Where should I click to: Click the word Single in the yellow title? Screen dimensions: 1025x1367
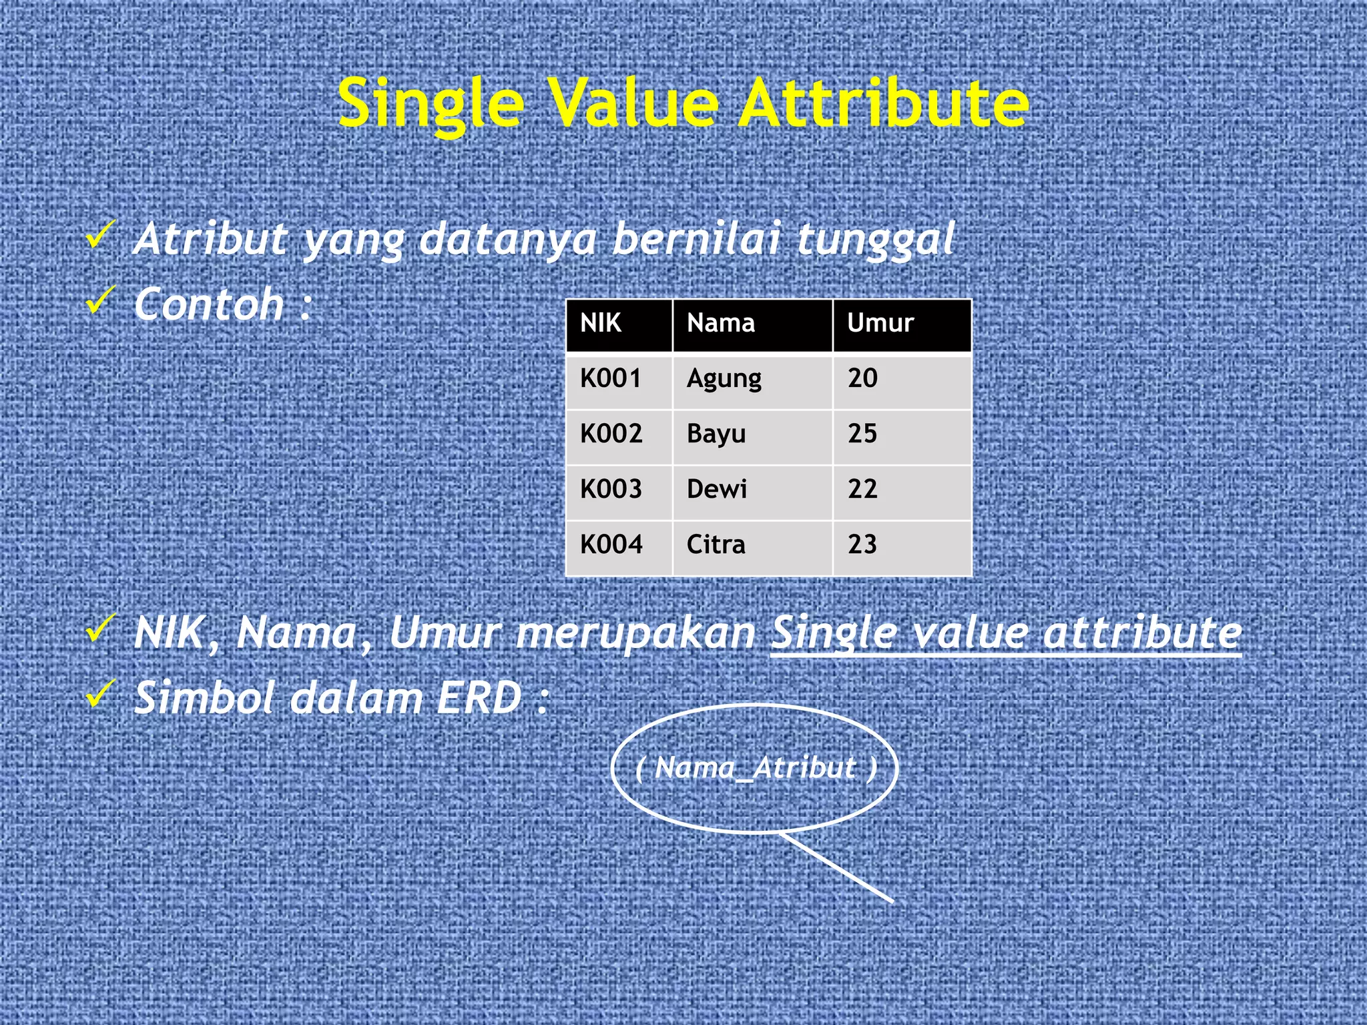[431, 103]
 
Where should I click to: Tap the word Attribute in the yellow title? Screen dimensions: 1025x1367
[884, 103]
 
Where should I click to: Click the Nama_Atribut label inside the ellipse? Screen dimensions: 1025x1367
[755, 768]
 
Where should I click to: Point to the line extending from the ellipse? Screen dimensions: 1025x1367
[838, 868]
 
